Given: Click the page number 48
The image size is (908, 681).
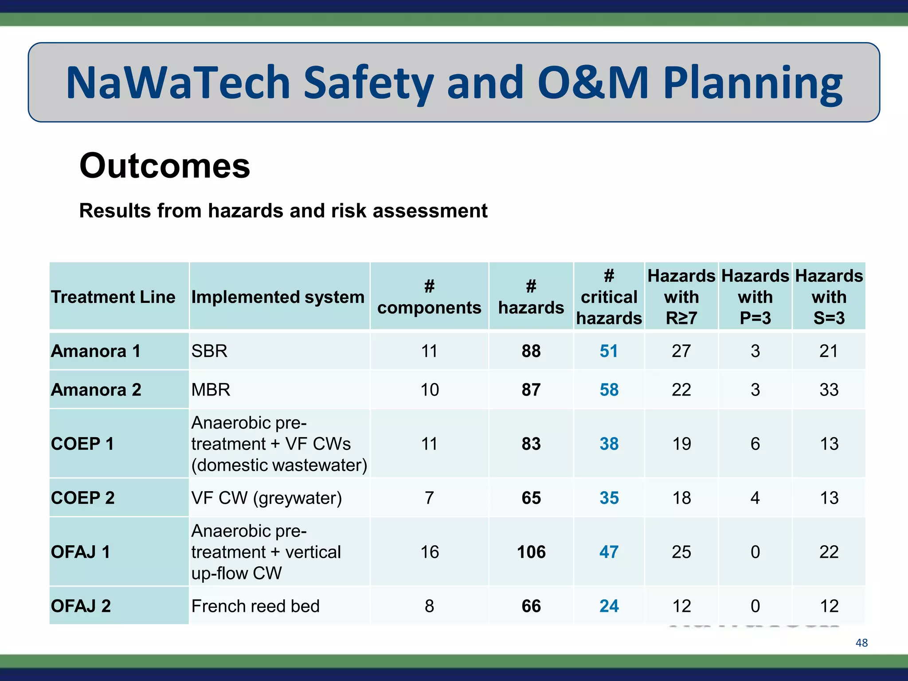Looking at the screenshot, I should pyautogui.click(x=861, y=642).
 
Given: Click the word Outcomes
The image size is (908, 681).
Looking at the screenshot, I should pyautogui.click(x=164, y=166).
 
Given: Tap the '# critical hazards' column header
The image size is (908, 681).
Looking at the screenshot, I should pyautogui.click(x=609, y=297).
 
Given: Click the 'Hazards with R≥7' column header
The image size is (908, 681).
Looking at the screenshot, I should pyautogui.click(x=681, y=297).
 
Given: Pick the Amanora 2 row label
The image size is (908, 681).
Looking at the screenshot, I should pyautogui.click(x=96, y=390).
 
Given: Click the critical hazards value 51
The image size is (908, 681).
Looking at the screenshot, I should pyautogui.click(x=609, y=351).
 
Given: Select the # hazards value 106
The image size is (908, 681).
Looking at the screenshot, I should pyautogui.click(x=531, y=552).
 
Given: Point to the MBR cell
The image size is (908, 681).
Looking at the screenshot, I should pyautogui.click(x=211, y=390).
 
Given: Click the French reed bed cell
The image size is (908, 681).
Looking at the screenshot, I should pyautogui.click(x=255, y=606).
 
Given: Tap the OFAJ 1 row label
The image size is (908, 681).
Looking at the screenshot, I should pyautogui.click(x=80, y=552).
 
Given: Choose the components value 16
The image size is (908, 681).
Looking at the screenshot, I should pyautogui.click(x=429, y=552).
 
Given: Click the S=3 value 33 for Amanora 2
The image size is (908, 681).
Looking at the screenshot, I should pyautogui.click(x=829, y=390).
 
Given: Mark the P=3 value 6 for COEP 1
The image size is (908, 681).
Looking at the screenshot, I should pyautogui.click(x=755, y=444).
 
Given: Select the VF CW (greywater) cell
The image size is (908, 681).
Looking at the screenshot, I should pyautogui.click(x=266, y=498).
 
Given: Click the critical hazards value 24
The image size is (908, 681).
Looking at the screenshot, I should pyautogui.click(x=609, y=606).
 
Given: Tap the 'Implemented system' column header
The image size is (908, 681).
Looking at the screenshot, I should pyautogui.click(x=278, y=297).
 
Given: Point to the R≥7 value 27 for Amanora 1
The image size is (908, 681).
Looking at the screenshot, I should pyautogui.click(x=681, y=351).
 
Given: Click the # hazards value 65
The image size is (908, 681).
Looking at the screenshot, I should pyautogui.click(x=531, y=498).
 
